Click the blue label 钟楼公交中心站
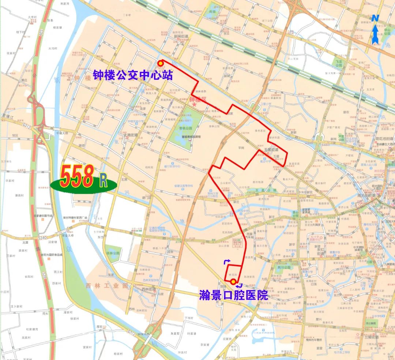[x=133, y=75]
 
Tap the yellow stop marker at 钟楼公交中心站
[x=160, y=63]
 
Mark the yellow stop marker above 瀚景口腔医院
[x=233, y=282]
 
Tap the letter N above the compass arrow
[x=375, y=18]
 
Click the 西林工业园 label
[x=106, y=285]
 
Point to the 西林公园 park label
[x=113, y=253]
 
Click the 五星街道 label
[x=271, y=150]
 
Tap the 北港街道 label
[x=131, y=135]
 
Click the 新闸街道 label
[x=181, y=36]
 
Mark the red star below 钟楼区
[x=194, y=105]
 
